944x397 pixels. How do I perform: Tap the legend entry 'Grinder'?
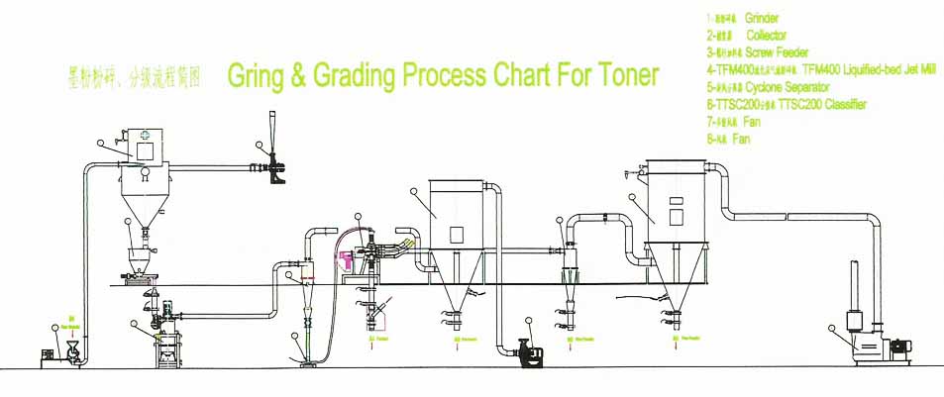point(762,19)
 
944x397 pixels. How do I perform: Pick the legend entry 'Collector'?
point(766,35)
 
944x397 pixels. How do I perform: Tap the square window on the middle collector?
point(457,234)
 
